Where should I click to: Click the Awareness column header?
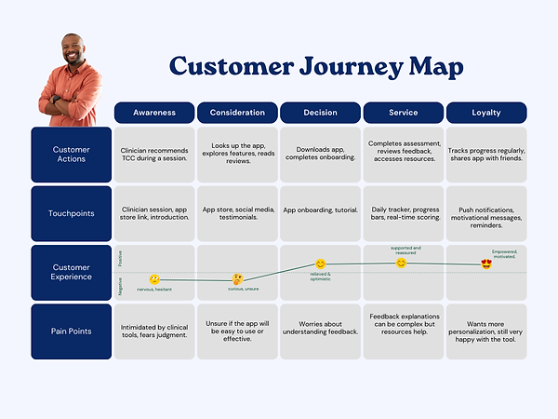154,113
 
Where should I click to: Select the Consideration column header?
237,113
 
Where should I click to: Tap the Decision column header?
320,113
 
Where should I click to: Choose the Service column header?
403,113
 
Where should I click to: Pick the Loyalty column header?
485,113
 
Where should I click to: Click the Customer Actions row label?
71,154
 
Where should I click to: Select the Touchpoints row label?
71,213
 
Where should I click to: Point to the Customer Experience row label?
71,272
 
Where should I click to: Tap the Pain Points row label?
71,331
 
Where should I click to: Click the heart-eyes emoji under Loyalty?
486,264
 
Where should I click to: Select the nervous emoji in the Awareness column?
154,278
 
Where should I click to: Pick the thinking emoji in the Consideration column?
238,278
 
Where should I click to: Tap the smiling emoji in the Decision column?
321,264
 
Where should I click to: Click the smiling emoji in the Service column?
402,263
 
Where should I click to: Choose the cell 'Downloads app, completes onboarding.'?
320,154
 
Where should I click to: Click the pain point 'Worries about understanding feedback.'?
320,331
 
